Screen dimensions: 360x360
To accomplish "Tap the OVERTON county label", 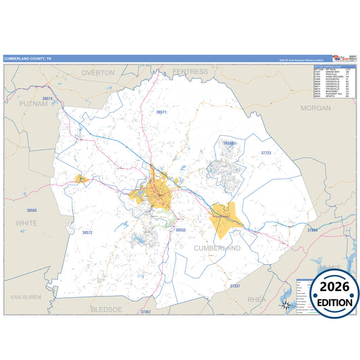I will tap(99, 72).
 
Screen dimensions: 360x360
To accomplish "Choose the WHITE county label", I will tap(27, 222).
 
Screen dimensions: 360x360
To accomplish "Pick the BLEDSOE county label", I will tap(109, 309).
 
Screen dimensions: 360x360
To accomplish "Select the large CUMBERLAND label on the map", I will tap(218, 248).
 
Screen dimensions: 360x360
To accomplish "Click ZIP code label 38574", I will tap(47, 99).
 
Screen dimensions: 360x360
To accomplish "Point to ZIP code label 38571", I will tap(161, 111).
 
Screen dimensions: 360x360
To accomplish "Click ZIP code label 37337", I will tap(234, 286).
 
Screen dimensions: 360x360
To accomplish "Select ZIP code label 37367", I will tap(147, 312).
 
